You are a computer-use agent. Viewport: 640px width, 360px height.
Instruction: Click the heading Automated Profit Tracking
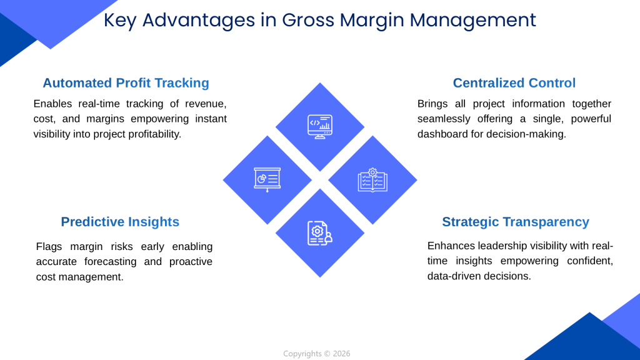point(126,83)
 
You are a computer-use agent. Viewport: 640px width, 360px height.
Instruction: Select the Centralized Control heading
point(514,83)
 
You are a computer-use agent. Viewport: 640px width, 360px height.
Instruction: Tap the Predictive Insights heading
point(120,222)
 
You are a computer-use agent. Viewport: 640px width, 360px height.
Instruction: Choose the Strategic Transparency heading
point(515,222)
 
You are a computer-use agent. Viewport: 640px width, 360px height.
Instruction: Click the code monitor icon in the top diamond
point(320,126)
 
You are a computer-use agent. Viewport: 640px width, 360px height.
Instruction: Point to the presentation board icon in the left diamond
point(267,179)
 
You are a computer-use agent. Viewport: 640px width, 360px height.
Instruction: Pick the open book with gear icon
point(372,179)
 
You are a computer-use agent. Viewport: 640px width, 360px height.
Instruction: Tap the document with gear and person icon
point(319,232)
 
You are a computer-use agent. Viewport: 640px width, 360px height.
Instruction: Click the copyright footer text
point(316,354)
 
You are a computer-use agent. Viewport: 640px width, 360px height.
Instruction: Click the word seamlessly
point(446,119)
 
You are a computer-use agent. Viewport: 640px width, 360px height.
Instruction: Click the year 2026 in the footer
point(342,354)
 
